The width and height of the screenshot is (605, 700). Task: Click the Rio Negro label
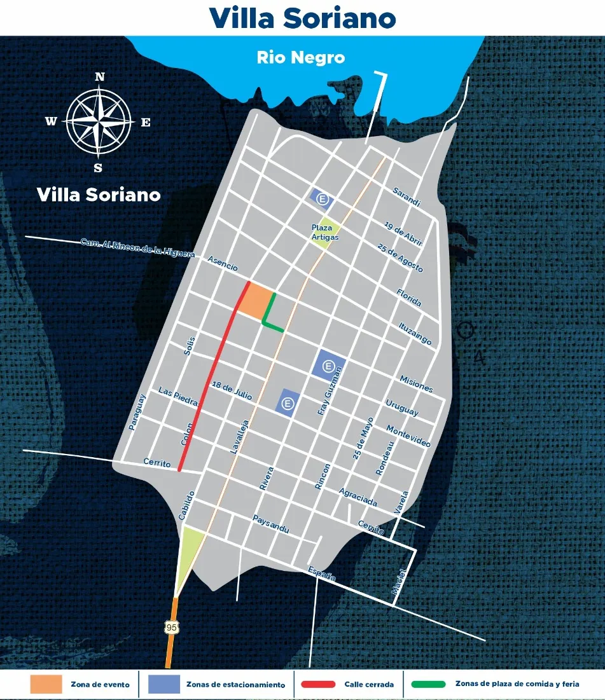point(301,57)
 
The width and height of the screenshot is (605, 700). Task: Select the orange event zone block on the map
point(256,299)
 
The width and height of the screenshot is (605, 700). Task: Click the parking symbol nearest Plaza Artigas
point(323,200)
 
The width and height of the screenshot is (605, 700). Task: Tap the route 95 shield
point(171,627)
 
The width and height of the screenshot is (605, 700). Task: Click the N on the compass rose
point(100,77)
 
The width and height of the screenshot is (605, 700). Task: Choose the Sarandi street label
point(407,196)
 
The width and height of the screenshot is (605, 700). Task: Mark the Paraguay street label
point(137,413)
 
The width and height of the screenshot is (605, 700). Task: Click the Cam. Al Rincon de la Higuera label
point(137,247)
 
